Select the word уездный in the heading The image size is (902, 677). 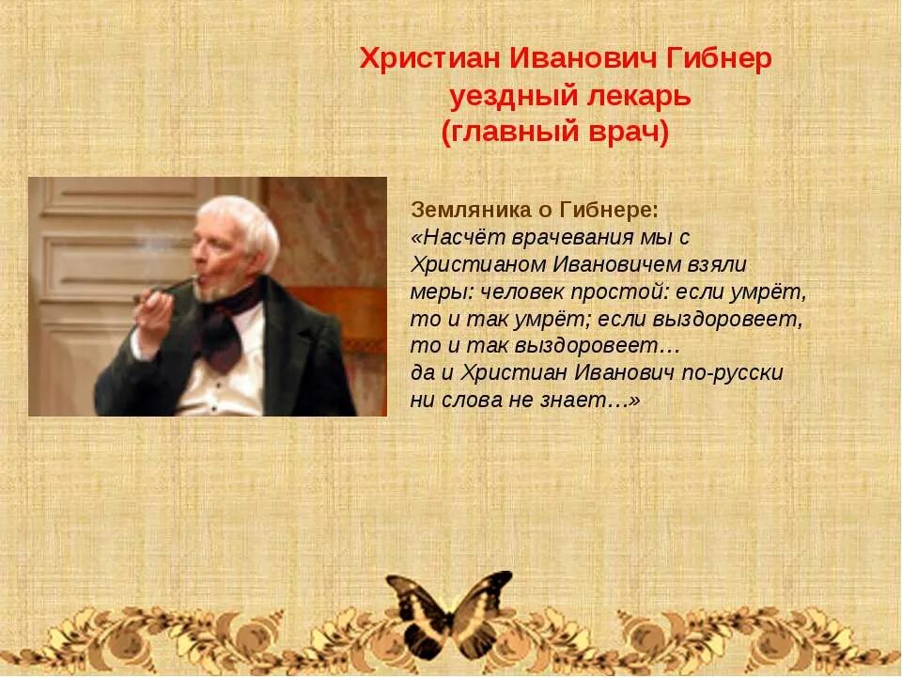(x=505, y=96)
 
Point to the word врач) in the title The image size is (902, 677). (x=629, y=133)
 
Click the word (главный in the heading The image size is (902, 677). (x=508, y=133)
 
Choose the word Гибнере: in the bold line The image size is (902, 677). (x=609, y=209)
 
